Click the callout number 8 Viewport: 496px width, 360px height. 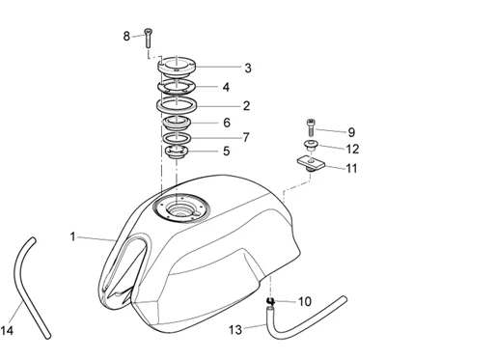click(x=126, y=36)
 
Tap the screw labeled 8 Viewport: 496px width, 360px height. click(x=148, y=39)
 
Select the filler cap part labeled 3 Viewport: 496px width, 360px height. click(x=177, y=67)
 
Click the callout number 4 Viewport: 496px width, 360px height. click(x=226, y=87)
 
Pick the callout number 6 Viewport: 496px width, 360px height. click(x=227, y=123)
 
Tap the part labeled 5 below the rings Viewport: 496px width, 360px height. click(x=176, y=152)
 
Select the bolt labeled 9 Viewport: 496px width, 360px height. click(x=311, y=127)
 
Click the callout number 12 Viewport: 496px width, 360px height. click(x=352, y=149)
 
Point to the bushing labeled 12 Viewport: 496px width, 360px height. click(x=311, y=145)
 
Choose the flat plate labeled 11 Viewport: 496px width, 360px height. click(x=311, y=162)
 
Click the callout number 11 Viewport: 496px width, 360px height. click(x=351, y=169)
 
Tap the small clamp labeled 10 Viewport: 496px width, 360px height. click(x=270, y=301)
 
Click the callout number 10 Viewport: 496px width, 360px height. click(x=305, y=302)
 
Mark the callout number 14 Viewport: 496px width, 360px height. click(x=7, y=330)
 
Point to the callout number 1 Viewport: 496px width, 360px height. click(x=72, y=236)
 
